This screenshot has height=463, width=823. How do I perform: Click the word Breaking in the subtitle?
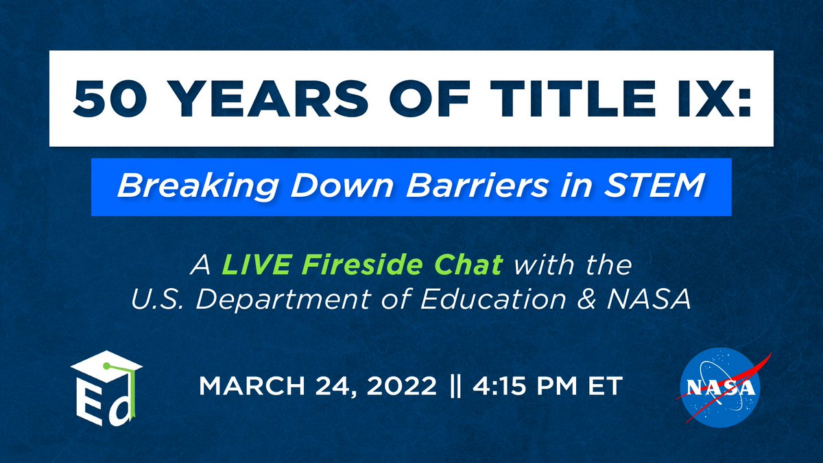[x=180, y=187]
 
